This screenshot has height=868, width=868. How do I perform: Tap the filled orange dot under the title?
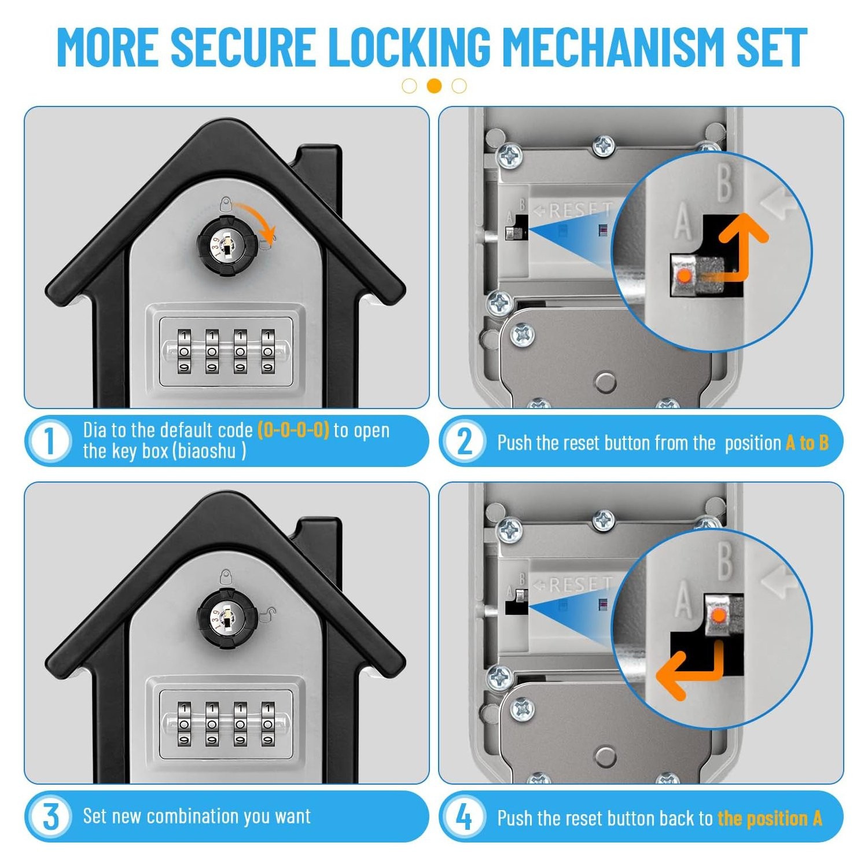pyautogui.click(x=434, y=86)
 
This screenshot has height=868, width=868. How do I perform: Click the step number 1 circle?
pyautogui.click(x=49, y=441)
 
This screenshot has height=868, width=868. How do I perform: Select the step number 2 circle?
pyautogui.click(x=464, y=442)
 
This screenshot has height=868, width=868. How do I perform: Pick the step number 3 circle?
pyautogui.click(x=50, y=816)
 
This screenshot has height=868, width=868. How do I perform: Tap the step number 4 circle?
pyautogui.click(x=464, y=818)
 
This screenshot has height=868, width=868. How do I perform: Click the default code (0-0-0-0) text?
pyautogui.click(x=293, y=430)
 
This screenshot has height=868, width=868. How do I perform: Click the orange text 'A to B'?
pyautogui.click(x=807, y=443)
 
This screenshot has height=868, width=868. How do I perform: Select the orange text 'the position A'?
pyautogui.click(x=770, y=818)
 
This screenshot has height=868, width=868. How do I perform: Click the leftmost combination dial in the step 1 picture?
pyautogui.click(x=184, y=351)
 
